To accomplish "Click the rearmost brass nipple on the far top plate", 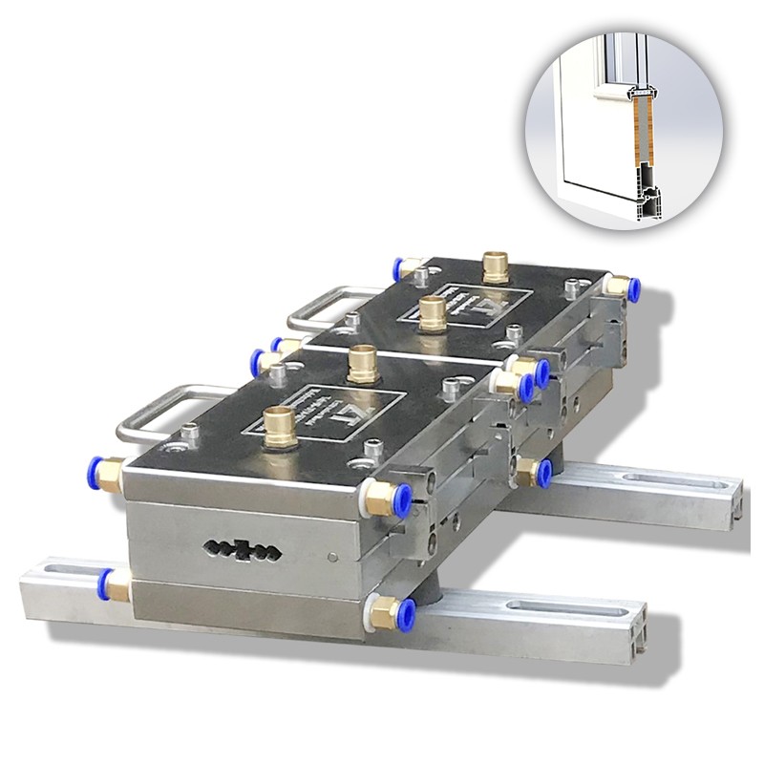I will (495, 265).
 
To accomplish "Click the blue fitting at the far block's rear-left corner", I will (400, 266).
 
